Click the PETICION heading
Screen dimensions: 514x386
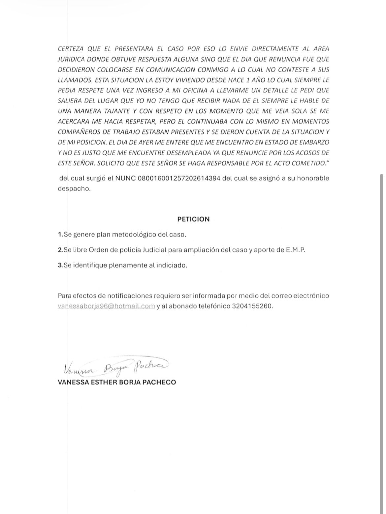point(193,219)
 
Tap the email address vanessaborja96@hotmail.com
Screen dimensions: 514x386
point(106,306)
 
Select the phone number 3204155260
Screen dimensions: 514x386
point(252,306)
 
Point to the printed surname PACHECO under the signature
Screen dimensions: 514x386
point(159,382)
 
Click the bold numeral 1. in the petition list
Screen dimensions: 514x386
point(60,235)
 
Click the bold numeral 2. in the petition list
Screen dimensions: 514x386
point(60,250)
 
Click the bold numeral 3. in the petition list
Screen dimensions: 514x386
point(60,265)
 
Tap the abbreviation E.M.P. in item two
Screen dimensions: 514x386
point(295,250)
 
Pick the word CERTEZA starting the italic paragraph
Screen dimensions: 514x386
point(71,49)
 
